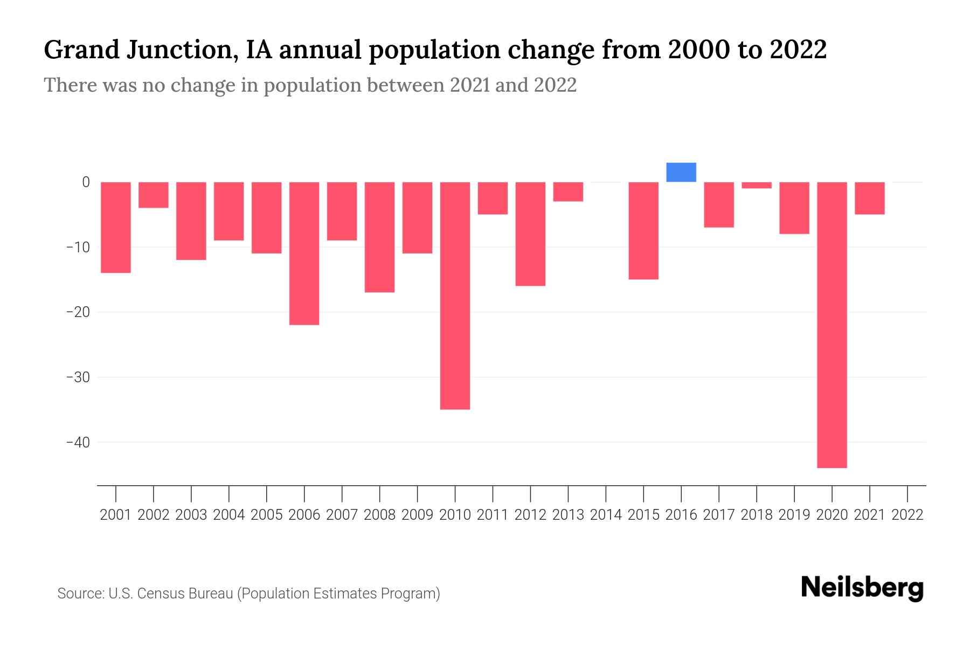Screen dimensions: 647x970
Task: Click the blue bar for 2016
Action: click(x=681, y=173)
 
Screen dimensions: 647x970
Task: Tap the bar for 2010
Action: click(x=455, y=295)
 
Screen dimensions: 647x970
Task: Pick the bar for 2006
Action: click(x=304, y=253)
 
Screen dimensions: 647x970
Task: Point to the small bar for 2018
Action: click(x=757, y=185)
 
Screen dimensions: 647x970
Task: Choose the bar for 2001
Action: click(x=116, y=228)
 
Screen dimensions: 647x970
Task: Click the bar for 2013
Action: click(x=568, y=192)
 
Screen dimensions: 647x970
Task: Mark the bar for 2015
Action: click(x=643, y=231)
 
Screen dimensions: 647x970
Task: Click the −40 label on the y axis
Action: click(x=78, y=442)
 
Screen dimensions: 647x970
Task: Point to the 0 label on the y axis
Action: click(x=86, y=182)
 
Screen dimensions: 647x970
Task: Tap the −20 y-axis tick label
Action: click(x=78, y=312)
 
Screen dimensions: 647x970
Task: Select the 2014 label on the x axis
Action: click(x=606, y=515)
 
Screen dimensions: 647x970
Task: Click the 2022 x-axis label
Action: click(x=907, y=515)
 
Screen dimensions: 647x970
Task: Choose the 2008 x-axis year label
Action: click(x=380, y=515)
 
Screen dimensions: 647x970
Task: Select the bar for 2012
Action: click(x=530, y=234)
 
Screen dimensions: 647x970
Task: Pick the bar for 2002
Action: click(x=154, y=195)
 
